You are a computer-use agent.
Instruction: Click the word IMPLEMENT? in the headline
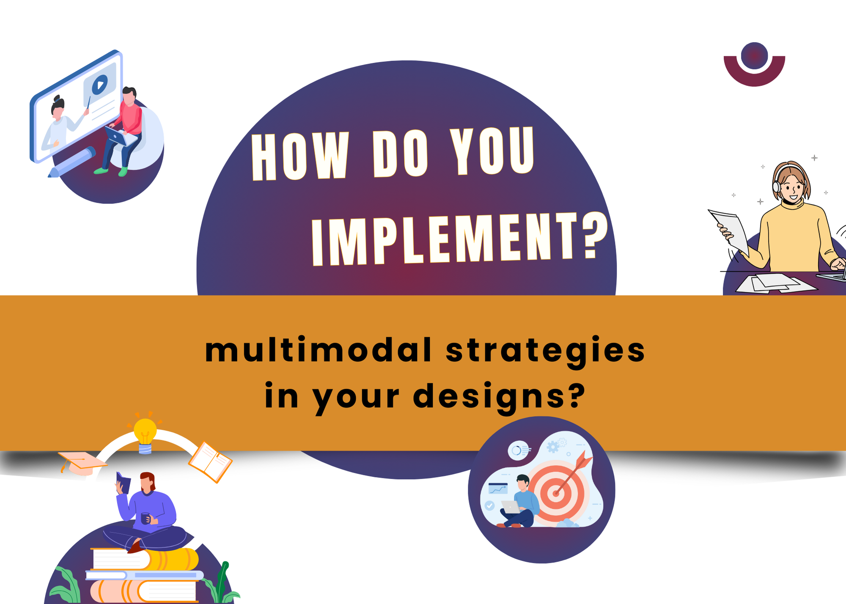click(459, 239)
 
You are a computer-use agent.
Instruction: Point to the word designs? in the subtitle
click(499, 396)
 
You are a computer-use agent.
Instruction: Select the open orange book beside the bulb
click(210, 462)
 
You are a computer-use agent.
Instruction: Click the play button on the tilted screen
click(100, 85)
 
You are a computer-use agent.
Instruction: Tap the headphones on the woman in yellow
click(777, 185)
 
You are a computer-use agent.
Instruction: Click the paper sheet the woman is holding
click(730, 231)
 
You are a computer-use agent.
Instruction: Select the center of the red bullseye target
click(556, 493)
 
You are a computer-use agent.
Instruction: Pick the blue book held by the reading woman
click(124, 483)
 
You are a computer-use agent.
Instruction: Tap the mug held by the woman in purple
click(145, 518)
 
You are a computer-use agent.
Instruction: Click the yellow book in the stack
click(173, 559)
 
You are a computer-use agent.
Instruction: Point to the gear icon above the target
click(552, 447)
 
